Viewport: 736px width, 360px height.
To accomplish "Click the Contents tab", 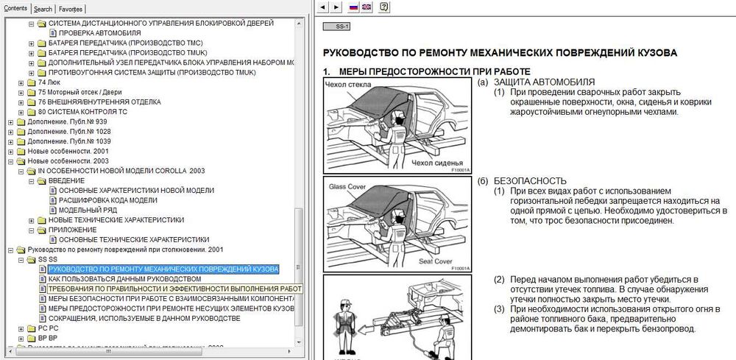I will pos(15,9).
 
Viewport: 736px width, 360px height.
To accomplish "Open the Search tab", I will pos(43,9).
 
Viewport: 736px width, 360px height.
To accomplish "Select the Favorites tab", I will pos(71,9).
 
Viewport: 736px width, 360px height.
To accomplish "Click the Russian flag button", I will pos(353,7).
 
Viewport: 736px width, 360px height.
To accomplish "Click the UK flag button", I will pos(367,7).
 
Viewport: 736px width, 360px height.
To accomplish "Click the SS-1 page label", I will pos(340,27).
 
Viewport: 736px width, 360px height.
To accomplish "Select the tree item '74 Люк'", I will pos(49,83).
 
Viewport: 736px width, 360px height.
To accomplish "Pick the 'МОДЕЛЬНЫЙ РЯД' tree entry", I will pos(88,210).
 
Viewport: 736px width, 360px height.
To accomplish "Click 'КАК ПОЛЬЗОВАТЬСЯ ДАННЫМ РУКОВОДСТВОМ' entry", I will pos(124,279).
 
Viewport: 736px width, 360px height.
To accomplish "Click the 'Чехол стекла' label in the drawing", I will pos(347,85).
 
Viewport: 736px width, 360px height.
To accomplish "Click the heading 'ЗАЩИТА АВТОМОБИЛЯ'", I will pos(544,82).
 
